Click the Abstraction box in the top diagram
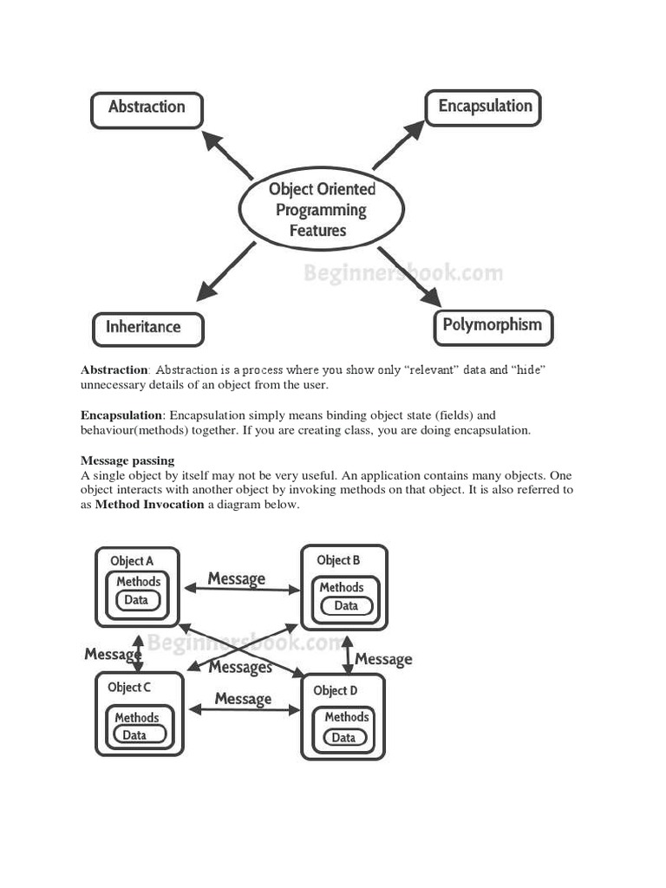coord(147,110)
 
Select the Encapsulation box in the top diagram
coord(484,108)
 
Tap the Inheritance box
coord(147,329)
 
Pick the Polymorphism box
coord(492,327)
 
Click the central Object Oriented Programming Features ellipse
coord(320,209)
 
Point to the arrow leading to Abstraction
coord(226,153)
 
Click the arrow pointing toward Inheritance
coord(226,272)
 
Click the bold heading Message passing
coord(127,460)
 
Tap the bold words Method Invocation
coord(149,504)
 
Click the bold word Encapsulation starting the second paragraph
coord(121,415)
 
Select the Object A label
coord(132,561)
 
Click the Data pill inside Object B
coord(345,605)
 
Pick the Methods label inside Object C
coord(137,717)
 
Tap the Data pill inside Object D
coord(343,737)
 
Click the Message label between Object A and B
coord(237,578)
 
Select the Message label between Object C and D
coord(243,698)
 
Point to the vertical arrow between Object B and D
coord(348,655)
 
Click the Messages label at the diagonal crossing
coord(240,667)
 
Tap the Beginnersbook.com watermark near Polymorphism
coord(402,274)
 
